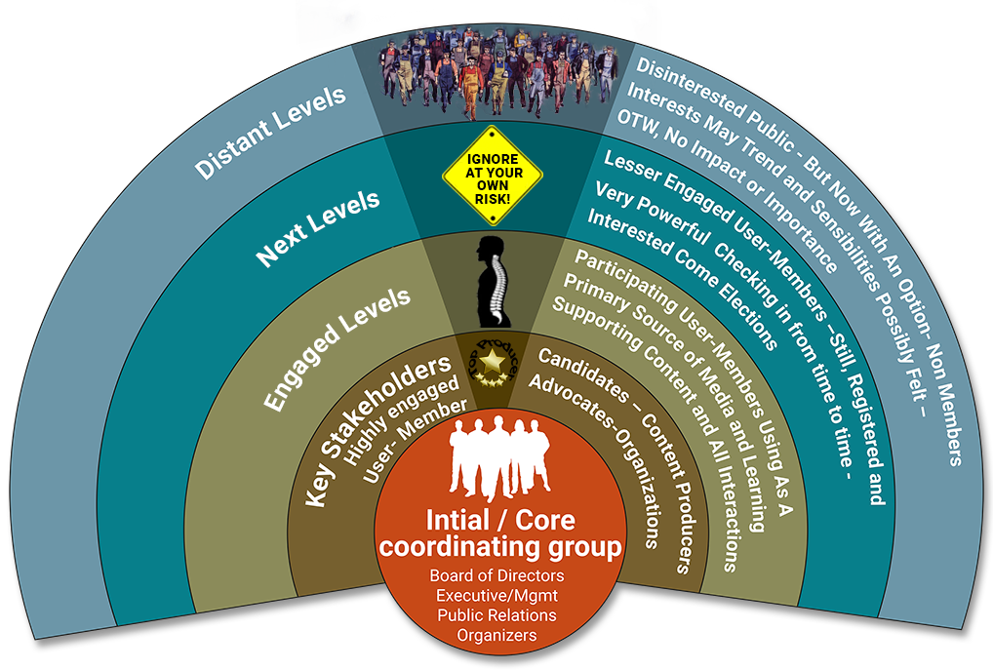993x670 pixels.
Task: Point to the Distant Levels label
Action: pos(270,132)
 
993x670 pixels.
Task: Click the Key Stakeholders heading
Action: pos(378,429)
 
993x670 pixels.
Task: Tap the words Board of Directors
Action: pos(496,575)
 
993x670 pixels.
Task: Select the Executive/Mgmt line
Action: pos(496,596)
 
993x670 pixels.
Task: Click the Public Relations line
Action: pos(496,615)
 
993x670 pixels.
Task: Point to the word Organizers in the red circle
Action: pos(496,636)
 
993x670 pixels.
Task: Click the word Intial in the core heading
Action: pos(457,519)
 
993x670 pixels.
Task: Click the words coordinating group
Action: pos(499,548)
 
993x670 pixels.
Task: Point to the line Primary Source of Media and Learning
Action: pos(663,390)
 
